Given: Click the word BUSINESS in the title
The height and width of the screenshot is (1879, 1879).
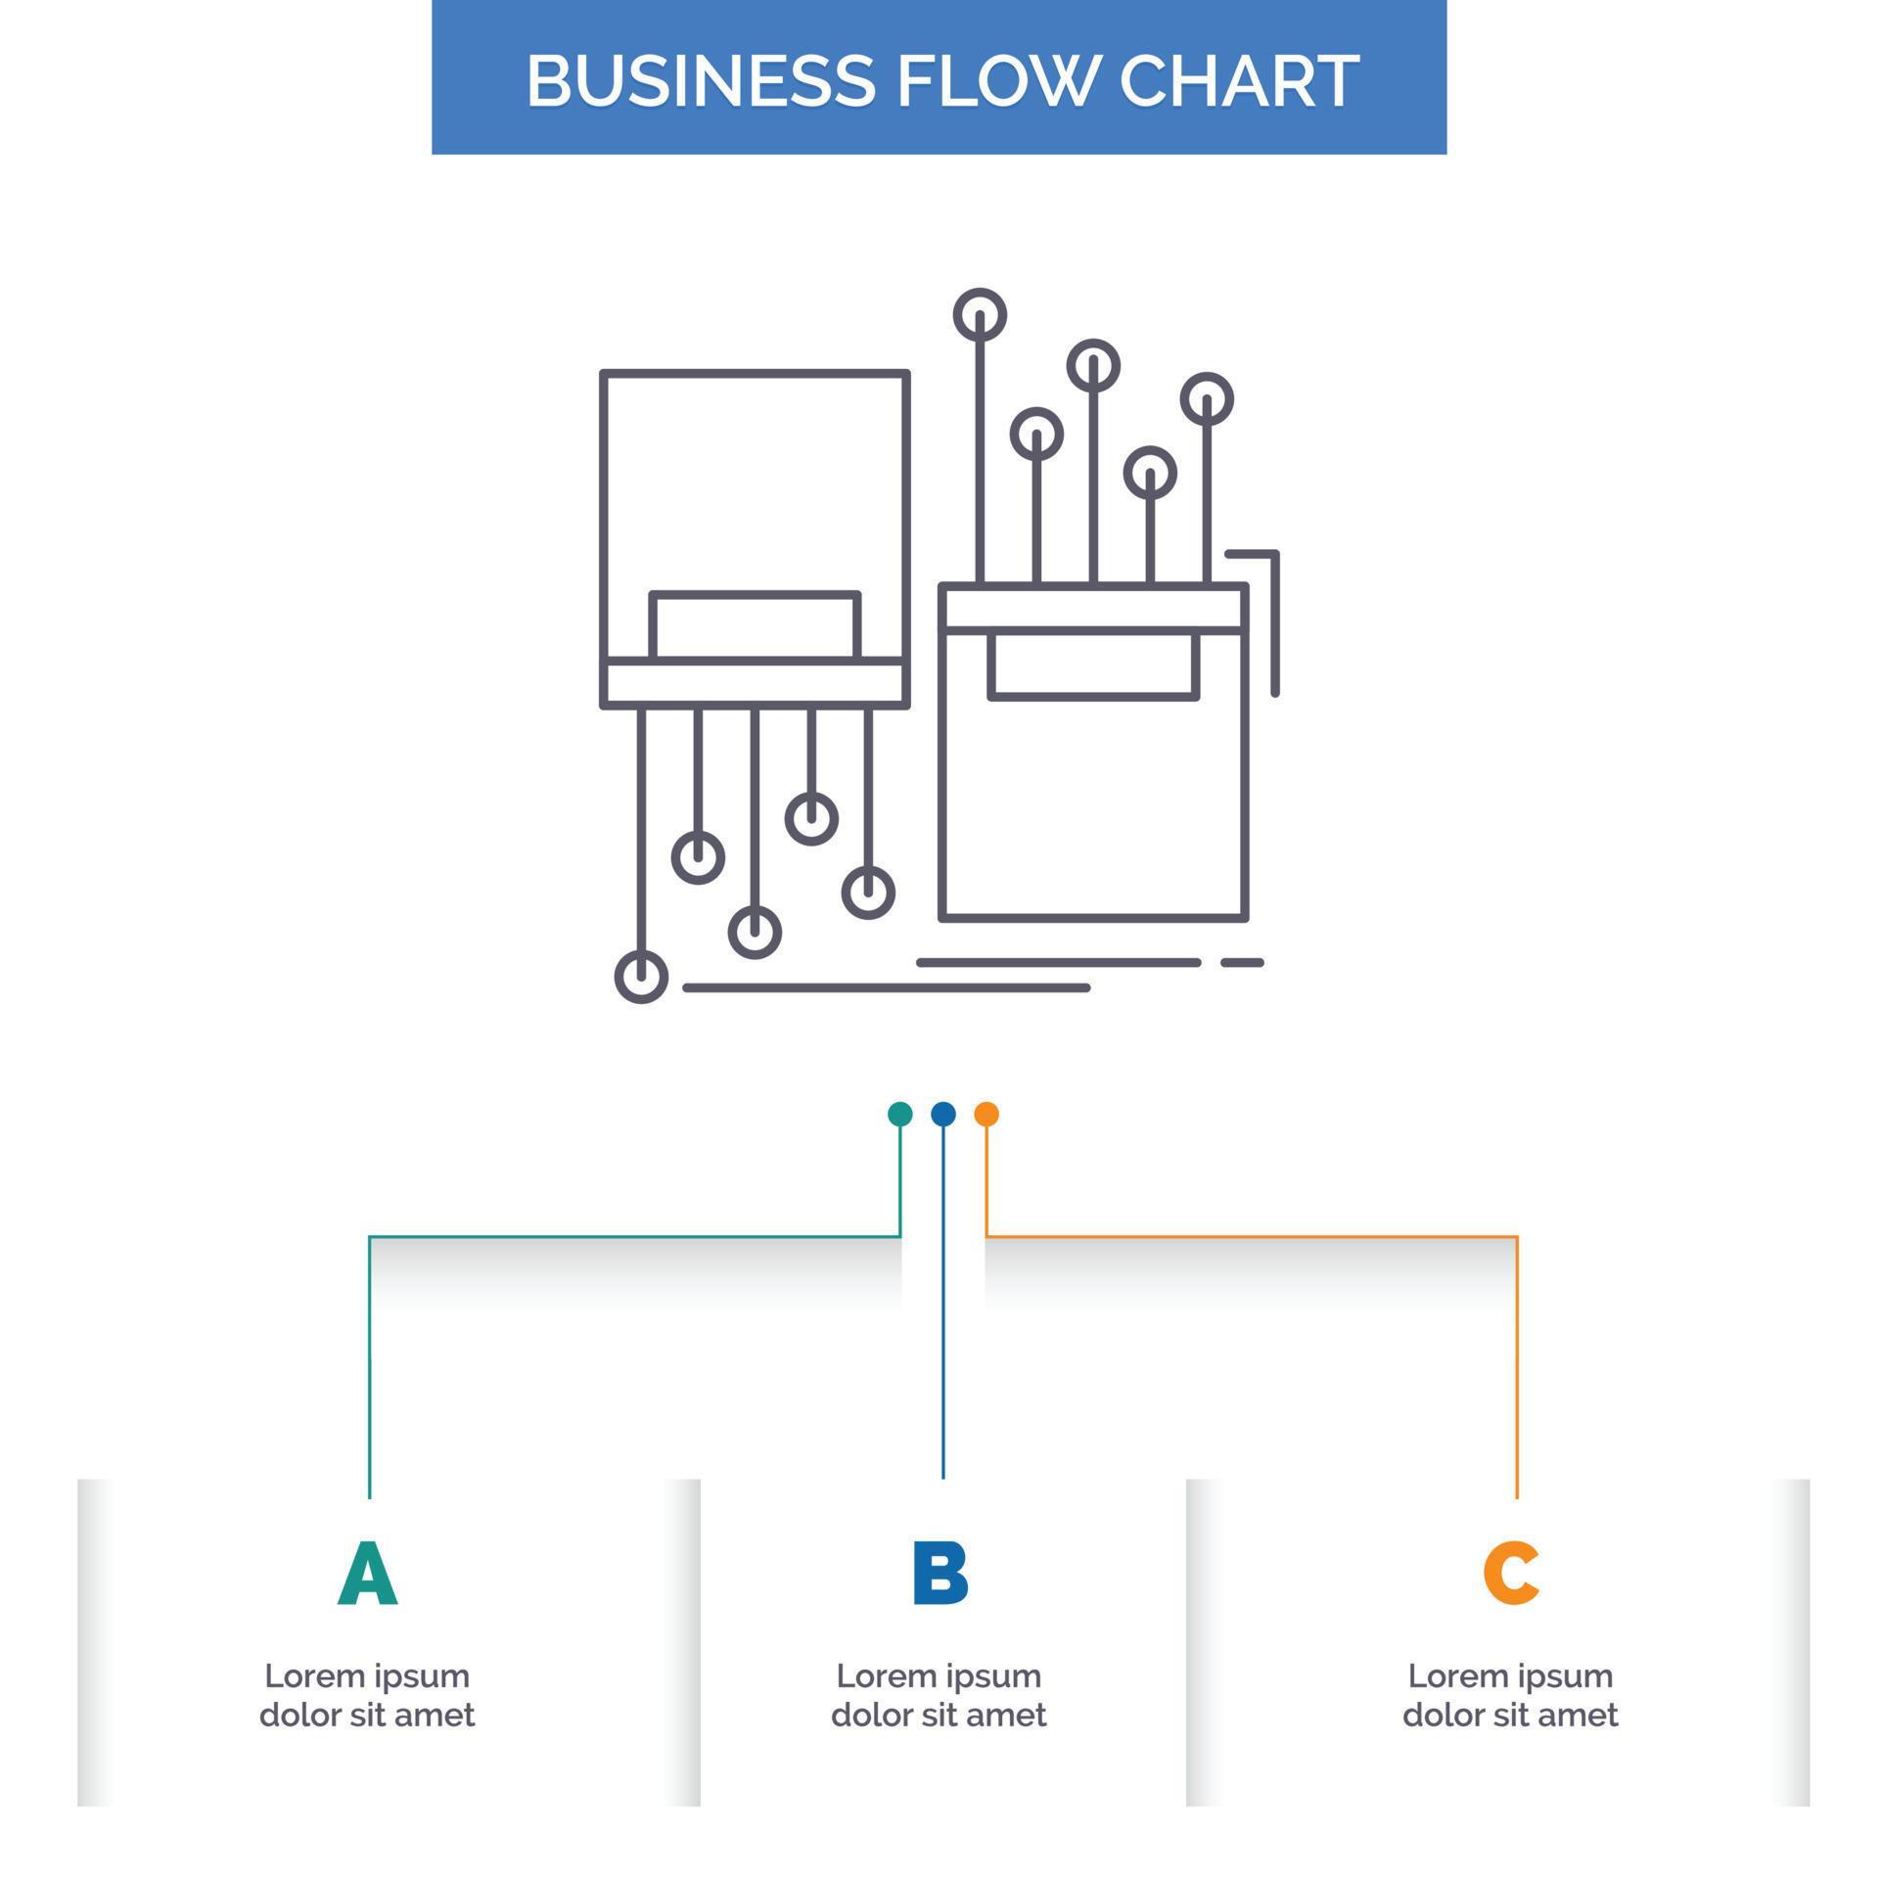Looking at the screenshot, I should pos(700,79).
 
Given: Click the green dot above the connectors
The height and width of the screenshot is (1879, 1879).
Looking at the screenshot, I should pos(900,1114).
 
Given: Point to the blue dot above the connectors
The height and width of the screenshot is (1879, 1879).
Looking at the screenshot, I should pos(943,1114).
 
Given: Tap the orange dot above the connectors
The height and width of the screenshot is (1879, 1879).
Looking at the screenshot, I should pos(986,1114).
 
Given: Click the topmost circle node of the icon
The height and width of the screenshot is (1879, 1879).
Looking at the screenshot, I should pos(980,315).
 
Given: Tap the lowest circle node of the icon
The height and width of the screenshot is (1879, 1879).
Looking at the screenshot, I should pos(641,977).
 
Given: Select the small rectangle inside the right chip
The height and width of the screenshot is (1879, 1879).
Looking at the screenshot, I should pos(1093,665).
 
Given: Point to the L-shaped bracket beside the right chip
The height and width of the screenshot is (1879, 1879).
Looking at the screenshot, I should pos(1274,617).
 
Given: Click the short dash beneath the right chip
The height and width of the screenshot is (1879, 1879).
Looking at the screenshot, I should pos(1242,963).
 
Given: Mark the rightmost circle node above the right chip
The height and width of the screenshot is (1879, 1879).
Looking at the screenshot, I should pos(1207,399).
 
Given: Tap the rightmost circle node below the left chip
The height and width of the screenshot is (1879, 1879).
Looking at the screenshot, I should pos(868,893).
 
